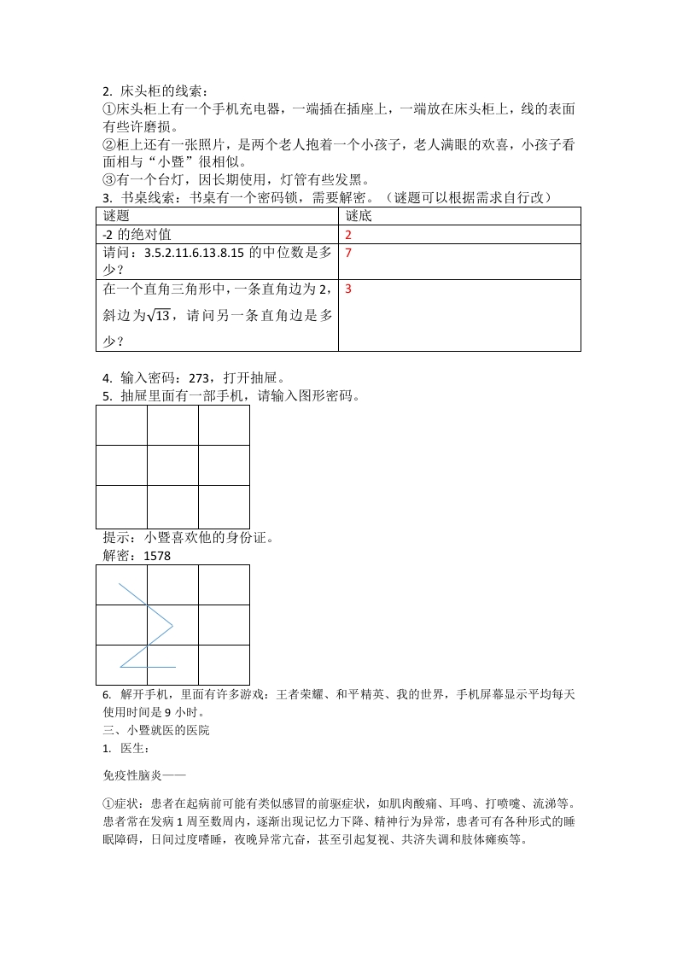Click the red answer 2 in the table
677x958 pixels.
tap(348, 235)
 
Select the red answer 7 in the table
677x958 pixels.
tap(348, 254)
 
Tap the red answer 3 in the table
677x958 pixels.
tap(348, 289)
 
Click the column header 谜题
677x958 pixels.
tap(115, 216)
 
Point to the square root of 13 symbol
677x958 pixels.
tap(158, 315)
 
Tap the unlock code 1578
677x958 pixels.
tap(157, 556)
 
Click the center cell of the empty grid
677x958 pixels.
tap(172, 464)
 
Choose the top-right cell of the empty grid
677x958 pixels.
tap(224, 425)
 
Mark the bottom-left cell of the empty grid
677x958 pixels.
tap(121, 507)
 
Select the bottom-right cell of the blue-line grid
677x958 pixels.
tap(224, 665)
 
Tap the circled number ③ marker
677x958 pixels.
tap(108, 179)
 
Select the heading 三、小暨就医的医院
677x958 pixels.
tap(155, 730)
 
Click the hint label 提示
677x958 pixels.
tap(115, 538)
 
